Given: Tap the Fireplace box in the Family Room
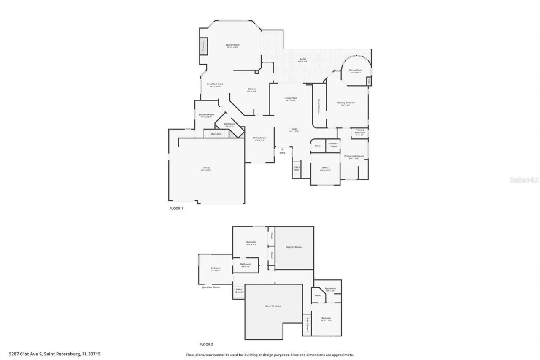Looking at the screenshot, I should pyautogui.click(x=203, y=45).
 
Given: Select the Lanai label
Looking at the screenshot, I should pyautogui.click(x=302, y=59).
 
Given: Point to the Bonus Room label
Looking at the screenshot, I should pyautogui.click(x=356, y=70).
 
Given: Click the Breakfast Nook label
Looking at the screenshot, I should pyautogui.click(x=215, y=84).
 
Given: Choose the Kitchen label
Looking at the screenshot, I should pyautogui.click(x=251, y=89).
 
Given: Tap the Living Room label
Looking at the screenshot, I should pyautogui.click(x=291, y=98).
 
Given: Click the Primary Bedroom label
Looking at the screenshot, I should pyautogui.click(x=346, y=103).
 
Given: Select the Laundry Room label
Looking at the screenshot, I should pyautogui.click(x=206, y=115).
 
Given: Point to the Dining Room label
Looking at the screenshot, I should pyautogui.click(x=259, y=138).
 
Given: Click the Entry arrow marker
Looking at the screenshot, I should pyautogui.click(x=282, y=149).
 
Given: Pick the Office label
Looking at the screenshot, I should pyautogui.click(x=325, y=168).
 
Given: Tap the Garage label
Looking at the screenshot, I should pyautogui.click(x=206, y=168).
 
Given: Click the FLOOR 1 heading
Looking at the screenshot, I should pyautogui.click(x=176, y=208).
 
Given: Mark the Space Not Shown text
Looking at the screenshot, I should pyautogui.click(x=211, y=287).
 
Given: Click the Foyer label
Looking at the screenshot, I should pyautogui.click(x=294, y=129).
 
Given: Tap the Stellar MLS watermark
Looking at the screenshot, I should pyautogui.click(x=524, y=180).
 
